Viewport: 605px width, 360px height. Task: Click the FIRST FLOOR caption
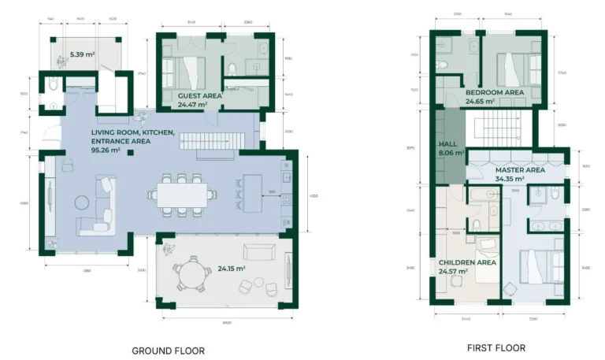[x=496, y=347]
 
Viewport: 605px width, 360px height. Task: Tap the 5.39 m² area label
[x=82, y=54]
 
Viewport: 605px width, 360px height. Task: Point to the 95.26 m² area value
[x=106, y=150]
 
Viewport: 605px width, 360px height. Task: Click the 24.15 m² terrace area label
[x=231, y=268]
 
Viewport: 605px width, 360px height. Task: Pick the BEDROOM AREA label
[x=494, y=92]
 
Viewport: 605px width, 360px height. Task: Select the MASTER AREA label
[x=520, y=169]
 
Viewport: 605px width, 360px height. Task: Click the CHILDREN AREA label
[x=466, y=262]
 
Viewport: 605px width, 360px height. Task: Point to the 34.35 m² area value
[x=510, y=179]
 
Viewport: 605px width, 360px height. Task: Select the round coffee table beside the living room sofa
[x=83, y=202]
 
